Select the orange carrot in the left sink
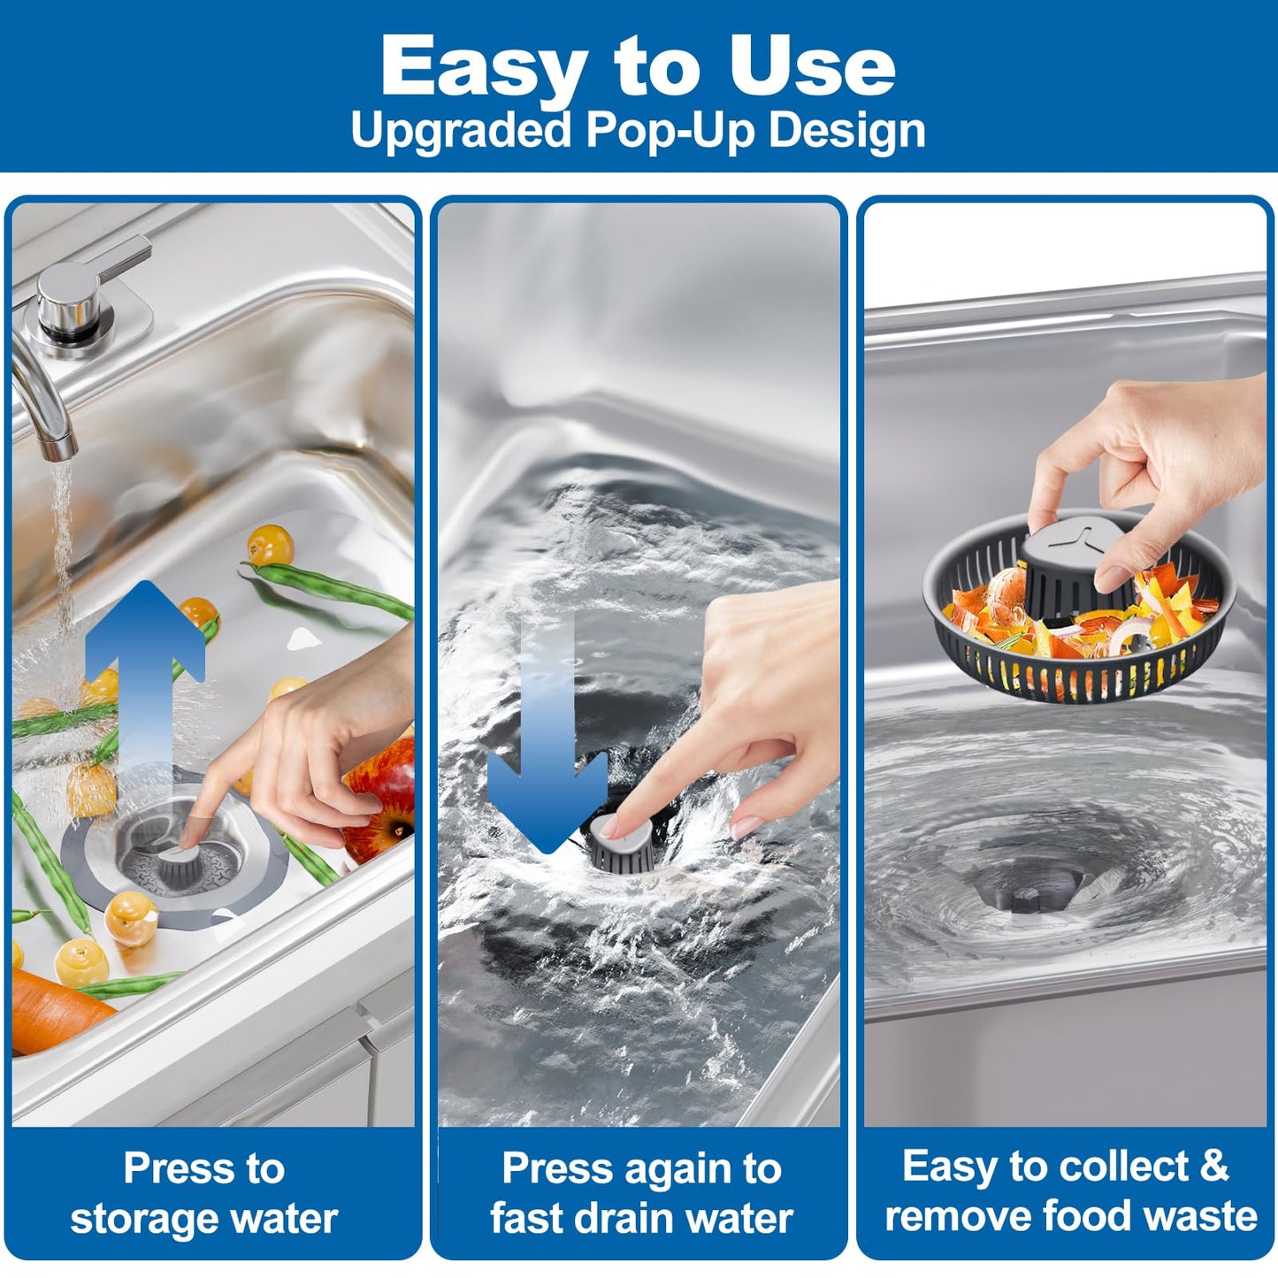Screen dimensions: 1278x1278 [57, 1011]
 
